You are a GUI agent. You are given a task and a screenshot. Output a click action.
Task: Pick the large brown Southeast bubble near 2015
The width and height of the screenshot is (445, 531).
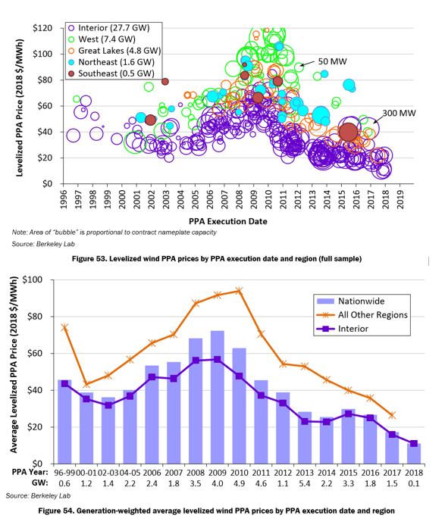tap(349, 132)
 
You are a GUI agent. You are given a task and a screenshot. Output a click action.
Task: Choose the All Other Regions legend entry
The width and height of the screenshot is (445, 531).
tap(361, 314)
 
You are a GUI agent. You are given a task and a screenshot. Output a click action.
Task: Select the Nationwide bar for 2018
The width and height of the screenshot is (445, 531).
tap(414, 453)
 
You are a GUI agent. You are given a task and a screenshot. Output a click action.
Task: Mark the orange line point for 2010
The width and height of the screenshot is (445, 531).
tap(240, 290)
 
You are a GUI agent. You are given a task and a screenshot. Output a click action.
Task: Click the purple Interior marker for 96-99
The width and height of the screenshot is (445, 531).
tap(64, 383)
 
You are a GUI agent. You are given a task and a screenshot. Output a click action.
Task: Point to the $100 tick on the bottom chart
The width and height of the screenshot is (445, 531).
tap(39, 280)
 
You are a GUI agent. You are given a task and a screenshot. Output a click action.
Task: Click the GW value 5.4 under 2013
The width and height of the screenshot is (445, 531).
tap(305, 483)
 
